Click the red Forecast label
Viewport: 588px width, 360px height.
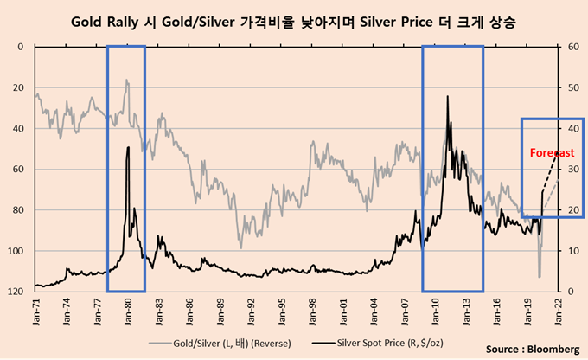pyautogui.click(x=552, y=152)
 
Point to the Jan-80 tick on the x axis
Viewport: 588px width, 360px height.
pyautogui.click(x=128, y=307)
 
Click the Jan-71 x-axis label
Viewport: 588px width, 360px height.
pyautogui.click(x=36, y=307)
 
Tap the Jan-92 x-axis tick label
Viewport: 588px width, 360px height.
pyautogui.click(x=251, y=307)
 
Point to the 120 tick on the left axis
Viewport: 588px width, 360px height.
pyautogui.click(x=16, y=292)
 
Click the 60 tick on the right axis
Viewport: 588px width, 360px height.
pyautogui.click(x=571, y=47)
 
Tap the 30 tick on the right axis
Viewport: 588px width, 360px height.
pyautogui.click(x=571, y=170)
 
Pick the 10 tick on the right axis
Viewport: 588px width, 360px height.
pyautogui.click(x=571, y=251)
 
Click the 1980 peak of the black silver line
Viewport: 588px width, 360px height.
pyautogui.click(x=128, y=148)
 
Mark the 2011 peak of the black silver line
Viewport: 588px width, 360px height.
pyautogui.click(x=448, y=97)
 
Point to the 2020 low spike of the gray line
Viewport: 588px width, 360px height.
pyautogui.click(x=539, y=277)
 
